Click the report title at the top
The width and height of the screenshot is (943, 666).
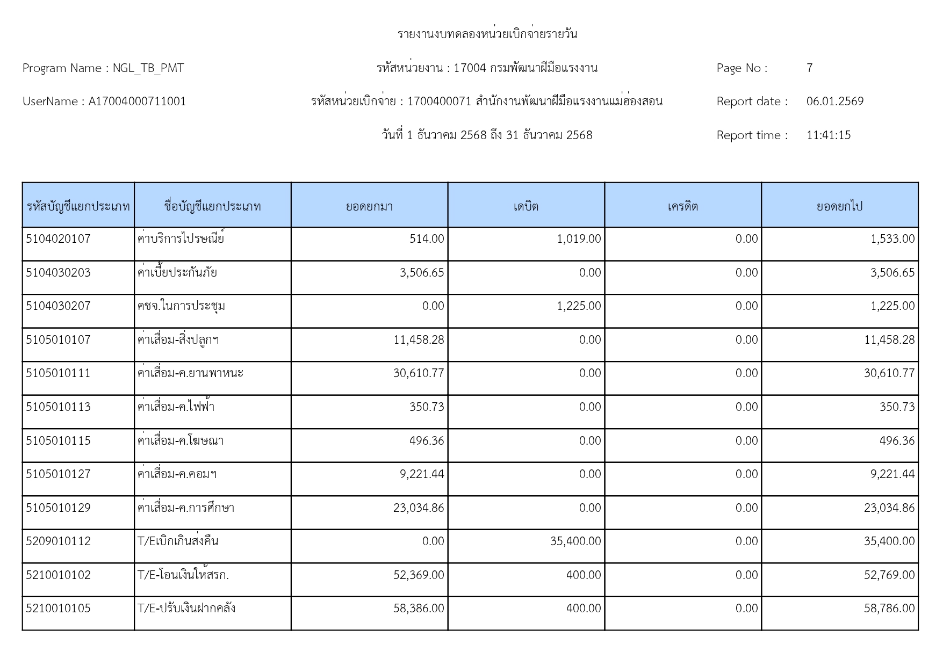[x=487, y=34]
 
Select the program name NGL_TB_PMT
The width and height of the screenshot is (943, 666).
[x=148, y=68]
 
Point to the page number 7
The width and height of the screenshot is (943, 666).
[x=809, y=68]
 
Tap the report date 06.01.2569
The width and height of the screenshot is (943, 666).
[x=834, y=102]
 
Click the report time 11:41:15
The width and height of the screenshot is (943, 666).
[x=828, y=135]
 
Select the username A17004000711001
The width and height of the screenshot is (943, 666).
[x=137, y=102]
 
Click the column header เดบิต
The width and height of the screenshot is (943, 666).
[x=526, y=206]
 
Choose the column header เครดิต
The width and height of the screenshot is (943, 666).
[x=682, y=206]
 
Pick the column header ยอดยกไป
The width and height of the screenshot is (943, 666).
[x=839, y=206]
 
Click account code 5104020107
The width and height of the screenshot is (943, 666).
[x=58, y=239]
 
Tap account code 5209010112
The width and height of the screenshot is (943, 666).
[x=58, y=541]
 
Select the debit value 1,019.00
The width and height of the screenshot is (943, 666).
[x=579, y=239]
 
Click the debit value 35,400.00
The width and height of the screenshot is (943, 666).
[x=575, y=541]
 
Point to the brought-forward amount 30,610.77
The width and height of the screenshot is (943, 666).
[x=419, y=373]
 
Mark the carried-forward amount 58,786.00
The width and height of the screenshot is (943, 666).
[x=889, y=609]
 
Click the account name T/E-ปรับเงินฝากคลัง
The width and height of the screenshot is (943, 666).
[x=186, y=609]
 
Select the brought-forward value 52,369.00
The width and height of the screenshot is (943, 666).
[x=419, y=575]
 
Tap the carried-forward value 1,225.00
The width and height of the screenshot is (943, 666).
[x=892, y=306]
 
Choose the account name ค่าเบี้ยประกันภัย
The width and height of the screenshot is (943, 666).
[x=177, y=273]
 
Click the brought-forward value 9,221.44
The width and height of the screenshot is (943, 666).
[x=422, y=474]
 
